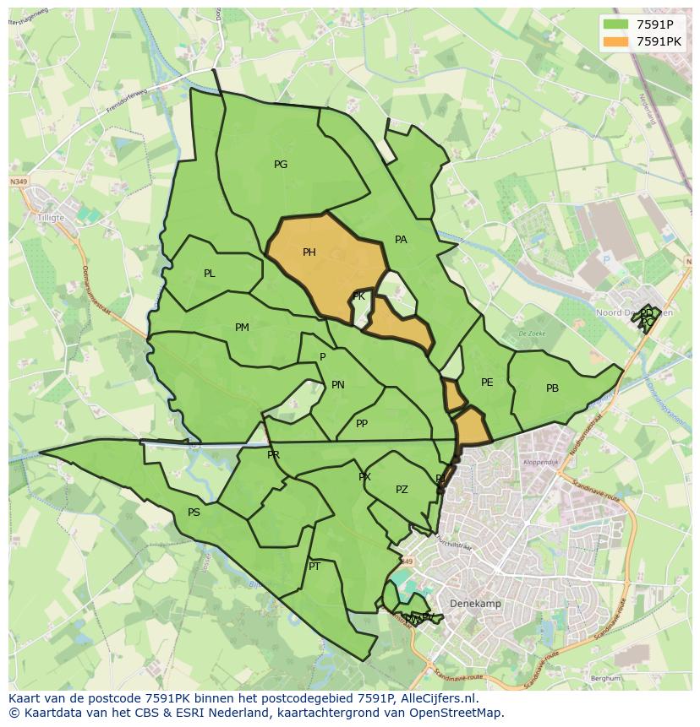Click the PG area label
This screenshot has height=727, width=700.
pyautogui.click(x=281, y=165)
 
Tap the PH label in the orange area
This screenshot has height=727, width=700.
pyautogui.click(x=309, y=252)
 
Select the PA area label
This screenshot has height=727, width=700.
pyautogui.click(x=401, y=240)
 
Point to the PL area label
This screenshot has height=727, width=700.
pyautogui.click(x=210, y=274)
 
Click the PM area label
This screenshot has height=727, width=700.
pyautogui.click(x=242, y=328)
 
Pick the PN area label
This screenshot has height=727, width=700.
pyautogui.click(x=338, y=385)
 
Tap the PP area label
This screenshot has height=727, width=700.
pyautogui.click(x=362, y=424)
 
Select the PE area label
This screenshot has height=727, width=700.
pyautogui.click(x=487, y=382)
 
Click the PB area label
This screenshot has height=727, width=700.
pyautogui.click(x=552, y=388)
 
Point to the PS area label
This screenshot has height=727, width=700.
pyautogui.click(x=194, y=513)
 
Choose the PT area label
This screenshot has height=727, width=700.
pyautogui.click(x=314, y=567)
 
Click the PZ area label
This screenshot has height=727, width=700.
pyautogui.click(x=402, y=490)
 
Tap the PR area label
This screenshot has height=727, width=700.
pyautogui.click(x=273, y=455)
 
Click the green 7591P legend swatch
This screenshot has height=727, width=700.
pyautogui.click(x=616, y=24)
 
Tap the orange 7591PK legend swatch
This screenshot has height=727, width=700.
pyautogui.click(x=616, y=41)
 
